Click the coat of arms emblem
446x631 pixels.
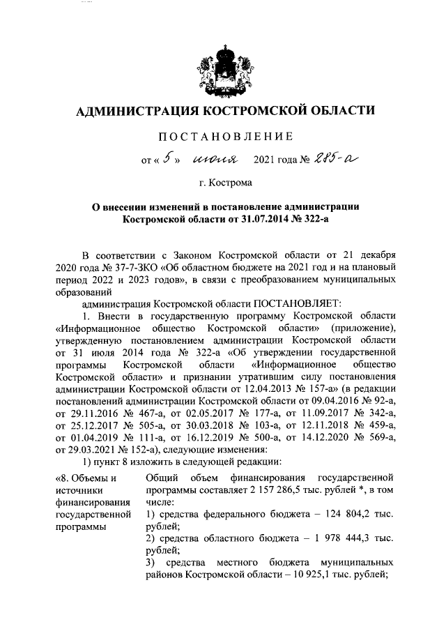pos(223,68)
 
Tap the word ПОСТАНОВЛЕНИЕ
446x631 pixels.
pos(223,135)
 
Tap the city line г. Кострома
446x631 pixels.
pos(223,183)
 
